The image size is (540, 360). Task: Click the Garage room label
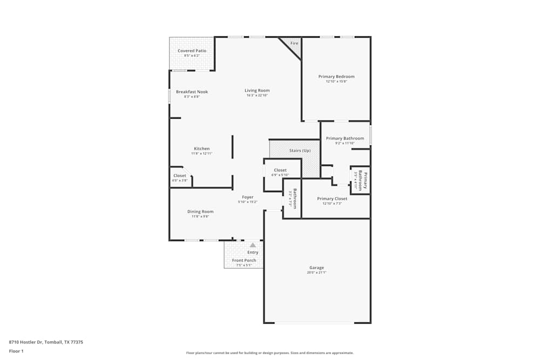[316, 268]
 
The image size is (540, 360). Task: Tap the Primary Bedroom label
[336, 77]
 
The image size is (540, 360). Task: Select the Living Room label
[257, 91]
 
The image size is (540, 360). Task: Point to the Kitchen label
[202, 149]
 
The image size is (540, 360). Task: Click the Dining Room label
[200, 212]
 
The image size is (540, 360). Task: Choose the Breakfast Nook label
[192, 92]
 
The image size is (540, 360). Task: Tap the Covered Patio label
[192, 51]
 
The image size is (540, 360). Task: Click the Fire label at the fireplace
[294, 43]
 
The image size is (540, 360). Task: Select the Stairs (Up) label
[300, 151]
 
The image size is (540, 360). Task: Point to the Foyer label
[248, 198]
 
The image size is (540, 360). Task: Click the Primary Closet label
[332, 199]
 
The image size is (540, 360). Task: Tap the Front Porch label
[244, 261]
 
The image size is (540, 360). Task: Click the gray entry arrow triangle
[253, 245]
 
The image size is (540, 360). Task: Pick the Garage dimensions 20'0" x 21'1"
[317, 273]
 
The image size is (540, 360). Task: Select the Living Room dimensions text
[257, 96]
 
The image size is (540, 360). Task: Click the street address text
[46, 342]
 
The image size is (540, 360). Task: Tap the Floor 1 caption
[17, 351]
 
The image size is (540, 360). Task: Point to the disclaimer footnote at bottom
[270, 353]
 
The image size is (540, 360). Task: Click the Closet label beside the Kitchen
[179, 175]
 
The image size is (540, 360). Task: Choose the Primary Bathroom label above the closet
[345, 138]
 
